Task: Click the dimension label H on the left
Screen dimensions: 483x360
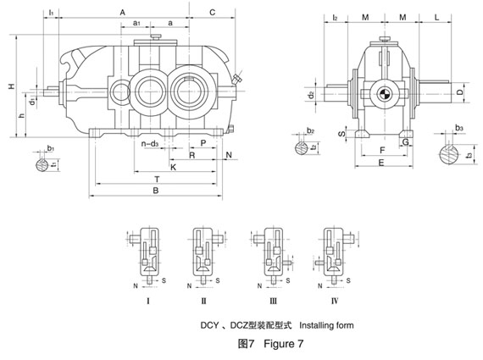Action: point(12,86)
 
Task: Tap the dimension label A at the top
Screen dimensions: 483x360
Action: point(123,13)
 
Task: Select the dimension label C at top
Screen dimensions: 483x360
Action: point(212,13)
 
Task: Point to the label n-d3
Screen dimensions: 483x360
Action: point(150,144)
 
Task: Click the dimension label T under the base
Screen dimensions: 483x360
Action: point(157,180)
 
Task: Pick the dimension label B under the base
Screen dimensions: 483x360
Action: point(156,191)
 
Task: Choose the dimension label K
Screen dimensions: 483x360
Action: point(173,167)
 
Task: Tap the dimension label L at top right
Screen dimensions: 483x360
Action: point(436,17)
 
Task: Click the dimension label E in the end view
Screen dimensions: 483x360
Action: point(381,163)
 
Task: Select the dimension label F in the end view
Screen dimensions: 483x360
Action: point(382,150)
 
